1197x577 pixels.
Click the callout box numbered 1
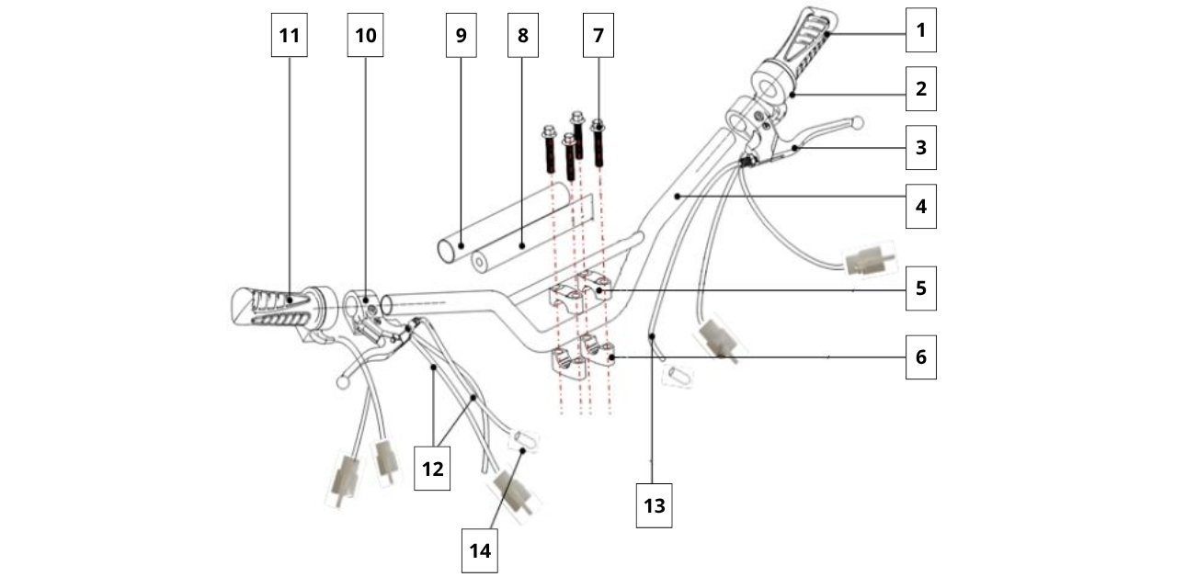(x=920, y=30)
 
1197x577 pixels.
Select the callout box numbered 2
(x=920, y=90)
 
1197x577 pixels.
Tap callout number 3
(x=920, y=147)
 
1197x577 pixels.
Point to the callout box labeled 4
(x=920, y=206)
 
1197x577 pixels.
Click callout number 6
(x=920, y=356)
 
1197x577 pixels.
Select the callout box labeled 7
(x=598, y=36)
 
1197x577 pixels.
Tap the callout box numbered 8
(x=522, y=36)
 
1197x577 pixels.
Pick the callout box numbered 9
(x=461, y=36)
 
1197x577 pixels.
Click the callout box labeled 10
(x=365, y=36)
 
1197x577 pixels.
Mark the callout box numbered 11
(x=290, y=36)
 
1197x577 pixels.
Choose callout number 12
(x=432, y=469)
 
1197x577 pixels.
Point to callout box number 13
(x=654, y=505)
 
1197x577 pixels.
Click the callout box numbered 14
(x=479, y=550)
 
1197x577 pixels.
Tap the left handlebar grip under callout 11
(x=271, y=308)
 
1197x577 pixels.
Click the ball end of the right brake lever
(x=858, y=121)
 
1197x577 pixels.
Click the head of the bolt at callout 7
(x=598, y=125)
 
